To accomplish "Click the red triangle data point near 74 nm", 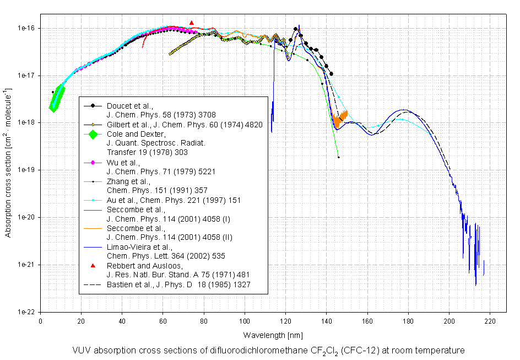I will (192, 23).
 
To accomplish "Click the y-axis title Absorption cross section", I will (8, 162).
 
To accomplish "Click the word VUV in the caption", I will (82, 351).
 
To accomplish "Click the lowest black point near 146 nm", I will (338, 158).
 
